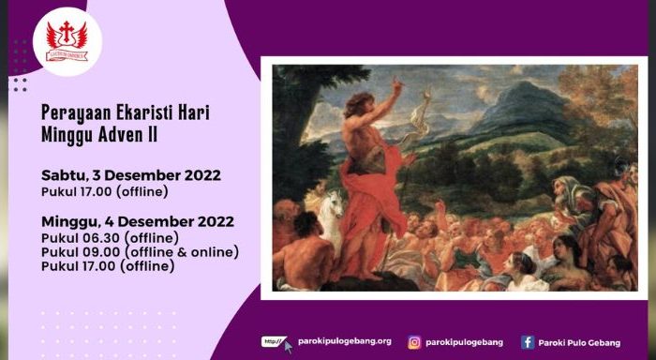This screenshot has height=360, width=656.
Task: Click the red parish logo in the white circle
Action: pos(67,41)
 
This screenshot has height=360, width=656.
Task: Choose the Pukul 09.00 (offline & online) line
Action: pos(141,252)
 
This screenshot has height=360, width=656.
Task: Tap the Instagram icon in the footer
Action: pos(414,342)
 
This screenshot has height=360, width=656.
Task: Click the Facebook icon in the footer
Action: pos(528,342)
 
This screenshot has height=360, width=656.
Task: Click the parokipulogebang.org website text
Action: pos(344,342)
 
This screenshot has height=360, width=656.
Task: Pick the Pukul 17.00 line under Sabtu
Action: pos(104,191)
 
